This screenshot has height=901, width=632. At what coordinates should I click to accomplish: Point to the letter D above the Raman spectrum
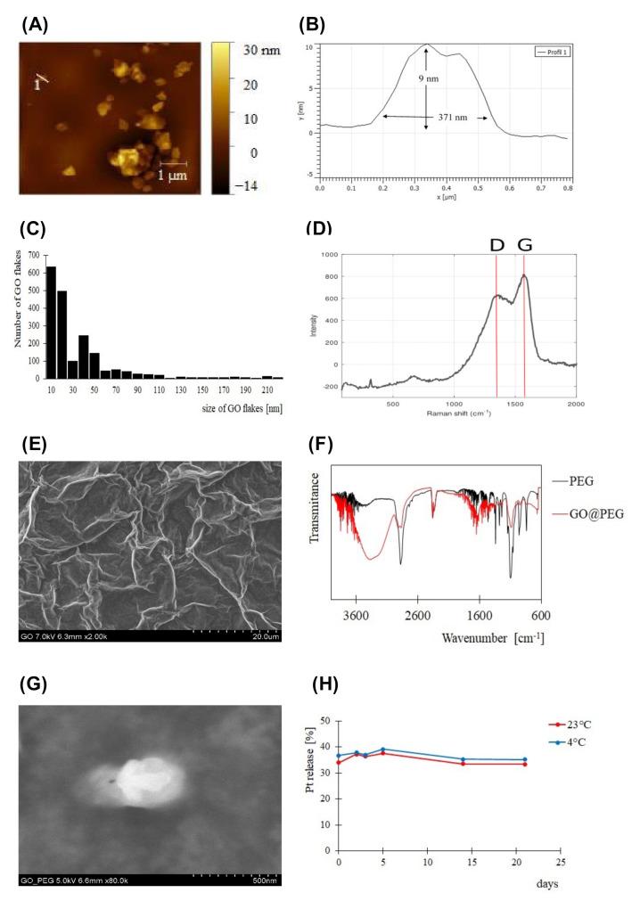pyautogui.click(x=496, y=244)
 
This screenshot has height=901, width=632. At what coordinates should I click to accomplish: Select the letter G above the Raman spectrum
pyautogui.click(x=525, y=244)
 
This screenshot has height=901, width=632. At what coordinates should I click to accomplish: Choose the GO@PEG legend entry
pyautogui.click(x=591, y=514)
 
